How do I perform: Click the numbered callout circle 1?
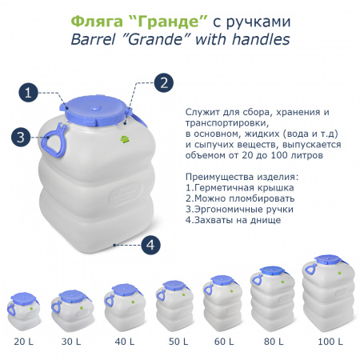point(29,93)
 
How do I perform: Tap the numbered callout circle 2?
point(162,82)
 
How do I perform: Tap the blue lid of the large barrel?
point(94,108)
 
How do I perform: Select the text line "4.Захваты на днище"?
point(233,219)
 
